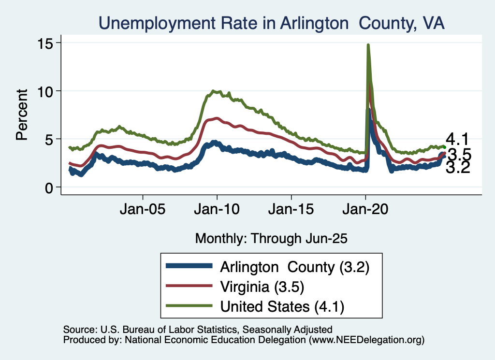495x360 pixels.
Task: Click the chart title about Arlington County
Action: (272, 23)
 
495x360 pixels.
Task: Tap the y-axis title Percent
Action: (21, 115)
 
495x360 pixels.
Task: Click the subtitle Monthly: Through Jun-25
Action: (271, 238)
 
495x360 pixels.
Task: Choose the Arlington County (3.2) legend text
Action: (295, 267)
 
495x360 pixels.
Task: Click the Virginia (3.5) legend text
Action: (262, 287)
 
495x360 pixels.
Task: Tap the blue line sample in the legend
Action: (189, 266)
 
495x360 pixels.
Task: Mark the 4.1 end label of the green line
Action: (457, 140)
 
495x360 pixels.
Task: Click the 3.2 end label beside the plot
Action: (457, 168)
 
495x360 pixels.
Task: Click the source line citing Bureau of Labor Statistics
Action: (198, 330)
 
